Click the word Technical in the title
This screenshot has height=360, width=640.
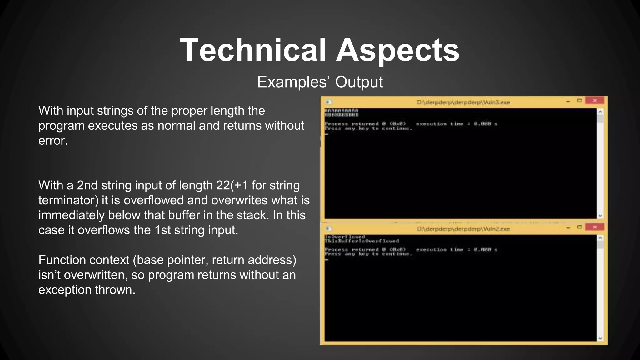(x=253, y=50)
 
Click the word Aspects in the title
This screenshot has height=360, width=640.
(x=397, y=50)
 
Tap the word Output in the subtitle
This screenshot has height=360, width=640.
(x=359, y=82)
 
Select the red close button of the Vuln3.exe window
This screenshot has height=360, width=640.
(x=595, y=101)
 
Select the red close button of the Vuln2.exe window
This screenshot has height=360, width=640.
(x=595, y=227)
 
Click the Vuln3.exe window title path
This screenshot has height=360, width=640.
(x=463, y=102)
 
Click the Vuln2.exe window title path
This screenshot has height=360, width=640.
(x=463, y=229)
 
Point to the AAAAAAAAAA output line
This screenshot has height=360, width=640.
(x=341, y=111)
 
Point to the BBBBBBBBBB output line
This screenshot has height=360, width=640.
(x=341, y=115)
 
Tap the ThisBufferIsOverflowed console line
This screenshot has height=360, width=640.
(x=362, y=241)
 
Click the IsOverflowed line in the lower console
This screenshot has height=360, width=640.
(x=345, y=237)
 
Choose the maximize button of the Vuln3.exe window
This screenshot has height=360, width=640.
(x=580, y=101)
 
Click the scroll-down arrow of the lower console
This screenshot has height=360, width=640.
(x=600, y=338)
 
